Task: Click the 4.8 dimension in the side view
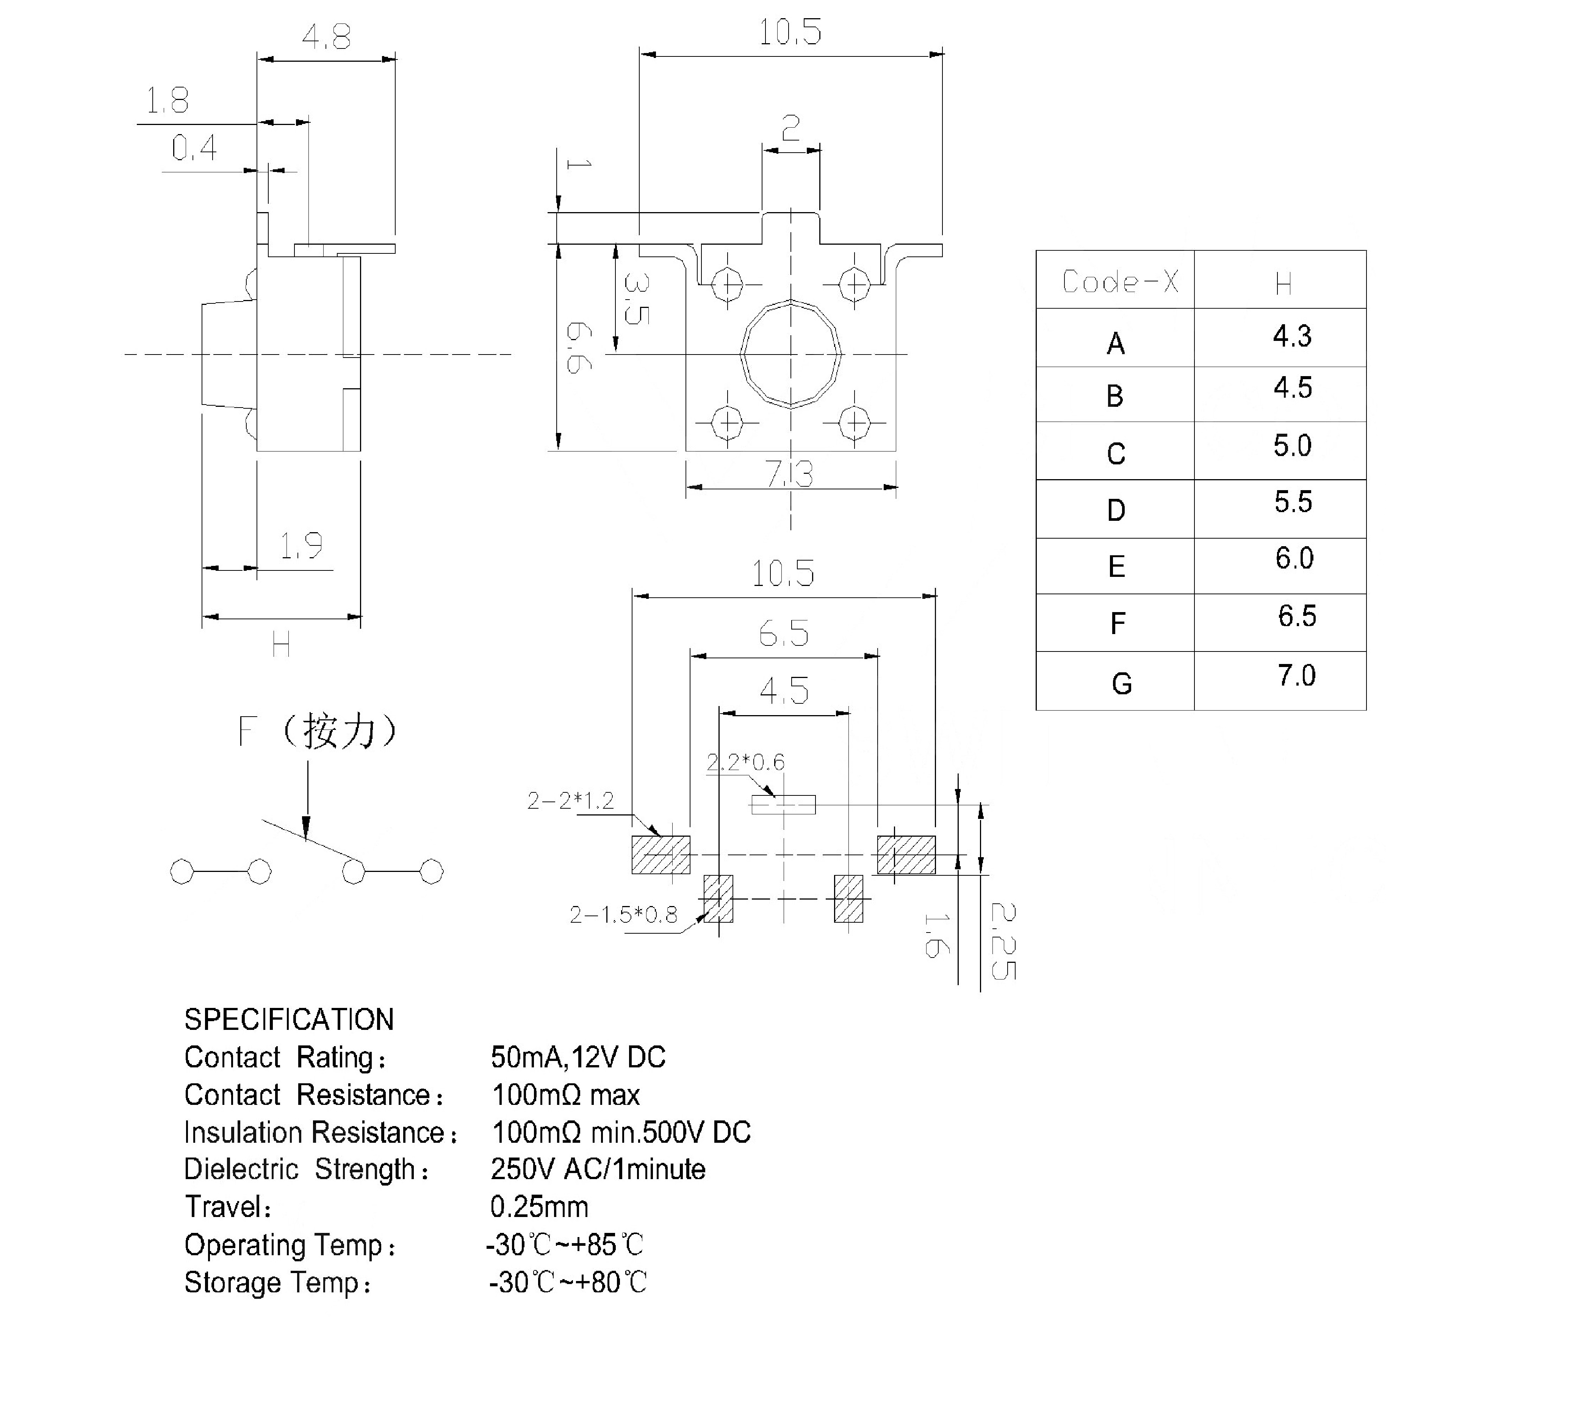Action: coord(326,36)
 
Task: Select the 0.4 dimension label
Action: coord(194,148)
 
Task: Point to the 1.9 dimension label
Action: coord(301,546)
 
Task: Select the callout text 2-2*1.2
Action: coord(570,800)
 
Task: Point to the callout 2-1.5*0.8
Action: coord(623,915)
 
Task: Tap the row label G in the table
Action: coord(1121,683)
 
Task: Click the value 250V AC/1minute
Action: coord(598,1169)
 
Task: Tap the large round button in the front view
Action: coord(790,354)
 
